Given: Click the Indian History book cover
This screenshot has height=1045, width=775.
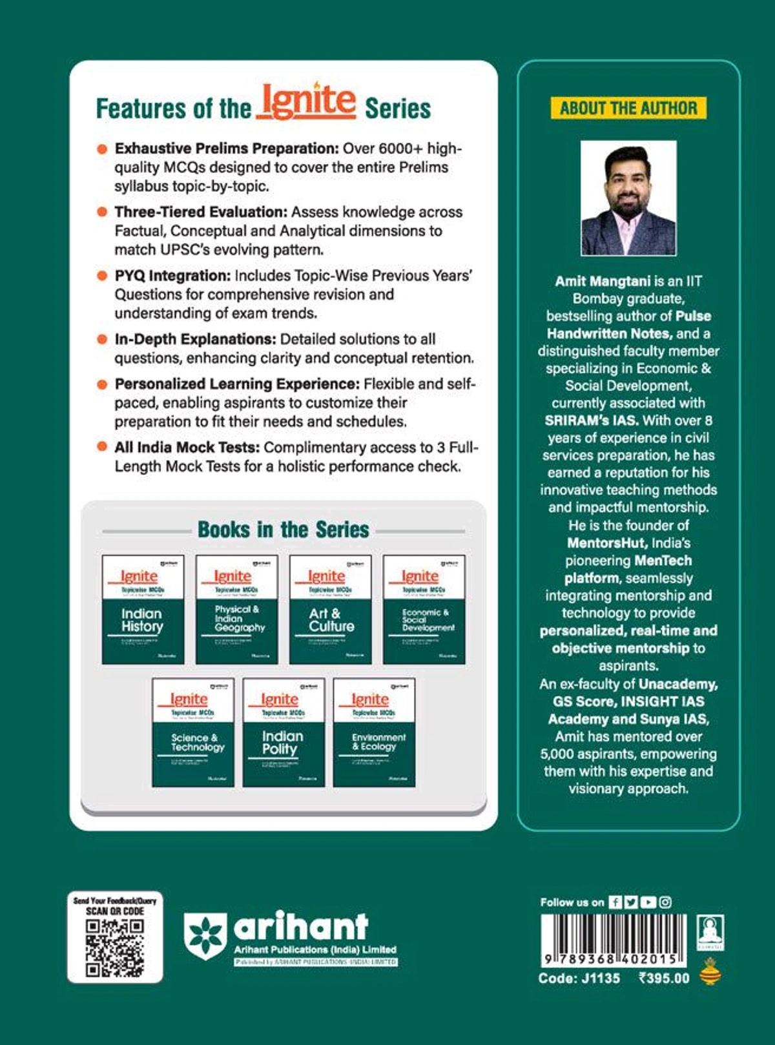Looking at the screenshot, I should [x=143, y=609].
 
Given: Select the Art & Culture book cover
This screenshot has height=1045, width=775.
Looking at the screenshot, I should [x=330, y=609].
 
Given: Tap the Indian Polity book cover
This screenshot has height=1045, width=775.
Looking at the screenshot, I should [x=284, y=732].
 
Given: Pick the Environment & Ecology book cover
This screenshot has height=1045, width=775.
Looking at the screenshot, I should [x=374, y=732].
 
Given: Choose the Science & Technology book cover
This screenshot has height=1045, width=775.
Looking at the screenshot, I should [x=193, y=732].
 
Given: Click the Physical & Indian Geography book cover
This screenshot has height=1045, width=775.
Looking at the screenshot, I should [x=236, y=609].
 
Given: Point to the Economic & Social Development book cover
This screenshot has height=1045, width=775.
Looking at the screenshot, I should [x=424, y=609].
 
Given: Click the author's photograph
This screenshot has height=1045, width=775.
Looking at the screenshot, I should [x=628, y=198].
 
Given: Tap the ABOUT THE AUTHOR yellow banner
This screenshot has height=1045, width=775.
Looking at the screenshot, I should [x=628, y=108].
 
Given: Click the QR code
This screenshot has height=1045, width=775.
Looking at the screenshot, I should [x=115, y=947].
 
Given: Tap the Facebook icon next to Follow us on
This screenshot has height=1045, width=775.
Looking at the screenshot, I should [x=615, y=902].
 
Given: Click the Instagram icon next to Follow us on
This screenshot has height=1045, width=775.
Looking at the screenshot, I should [x=665, y=902].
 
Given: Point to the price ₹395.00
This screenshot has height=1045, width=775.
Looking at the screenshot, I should [x=664, y=978].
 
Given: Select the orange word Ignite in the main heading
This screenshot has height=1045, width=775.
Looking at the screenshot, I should [x=307, y=102].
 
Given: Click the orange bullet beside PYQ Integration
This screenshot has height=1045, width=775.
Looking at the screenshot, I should [x=102, y=276].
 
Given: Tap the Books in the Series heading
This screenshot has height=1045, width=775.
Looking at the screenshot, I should [x=284, y=530].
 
